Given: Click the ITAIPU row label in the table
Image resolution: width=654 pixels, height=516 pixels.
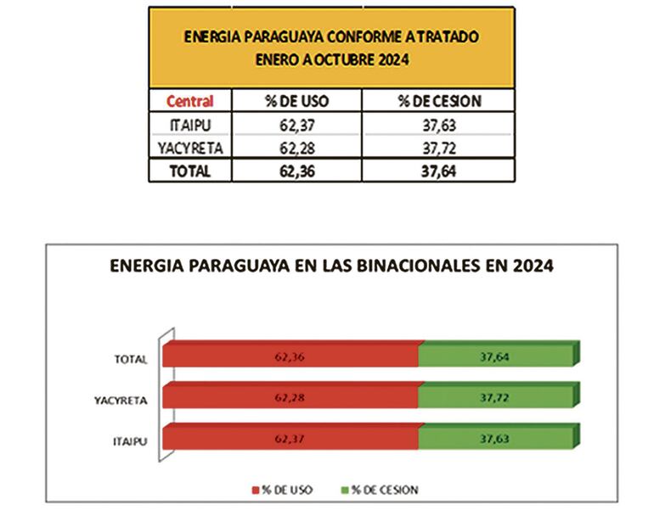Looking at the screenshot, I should coord(189,126).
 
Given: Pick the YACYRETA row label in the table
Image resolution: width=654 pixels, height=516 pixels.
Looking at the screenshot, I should coord(189,148).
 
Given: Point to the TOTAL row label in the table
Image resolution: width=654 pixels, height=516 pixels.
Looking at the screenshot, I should coord(189,170).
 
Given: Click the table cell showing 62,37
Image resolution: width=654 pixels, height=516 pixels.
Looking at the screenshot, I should coord(296,126).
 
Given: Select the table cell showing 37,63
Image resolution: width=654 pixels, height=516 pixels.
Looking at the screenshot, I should coord(439,126).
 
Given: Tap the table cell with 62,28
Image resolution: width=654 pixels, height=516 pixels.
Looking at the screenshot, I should coord(296,148).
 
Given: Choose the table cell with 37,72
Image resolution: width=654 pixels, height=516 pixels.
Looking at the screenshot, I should coord(439,148).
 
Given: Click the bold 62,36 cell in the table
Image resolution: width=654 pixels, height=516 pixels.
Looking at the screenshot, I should coord(296,170).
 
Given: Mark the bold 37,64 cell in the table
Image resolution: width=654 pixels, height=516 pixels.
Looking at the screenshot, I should coord(439,170).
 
